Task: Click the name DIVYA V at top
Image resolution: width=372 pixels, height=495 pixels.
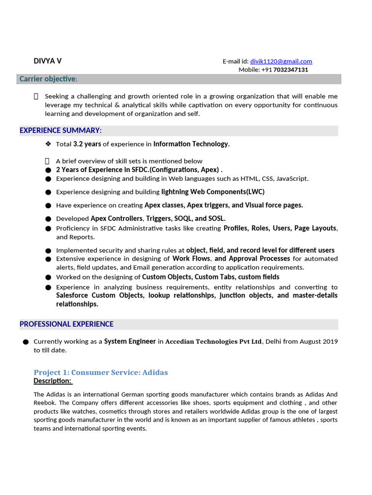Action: (47, 61)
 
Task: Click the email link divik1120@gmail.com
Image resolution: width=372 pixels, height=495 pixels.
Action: (281, 61)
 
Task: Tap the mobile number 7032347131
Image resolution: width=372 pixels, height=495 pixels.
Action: (291, 70)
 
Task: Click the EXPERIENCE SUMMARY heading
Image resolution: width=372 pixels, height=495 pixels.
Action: (61, 131)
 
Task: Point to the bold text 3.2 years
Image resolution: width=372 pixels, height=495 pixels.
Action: (87, 144)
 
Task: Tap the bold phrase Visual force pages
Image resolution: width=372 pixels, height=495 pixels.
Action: (274, 205)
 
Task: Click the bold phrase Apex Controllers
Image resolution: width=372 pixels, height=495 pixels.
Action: (117, 218)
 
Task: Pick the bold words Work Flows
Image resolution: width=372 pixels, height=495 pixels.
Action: (191, 259)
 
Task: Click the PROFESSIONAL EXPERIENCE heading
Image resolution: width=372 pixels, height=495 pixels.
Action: (66, 324)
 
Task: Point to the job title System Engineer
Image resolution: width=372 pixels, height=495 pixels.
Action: (130, 341)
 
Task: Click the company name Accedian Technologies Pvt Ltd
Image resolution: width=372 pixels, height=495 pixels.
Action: (214, 342)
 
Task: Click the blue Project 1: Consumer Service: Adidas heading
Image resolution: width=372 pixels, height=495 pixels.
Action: (101, 372)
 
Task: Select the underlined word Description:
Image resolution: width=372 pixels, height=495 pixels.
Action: (53, 381)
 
